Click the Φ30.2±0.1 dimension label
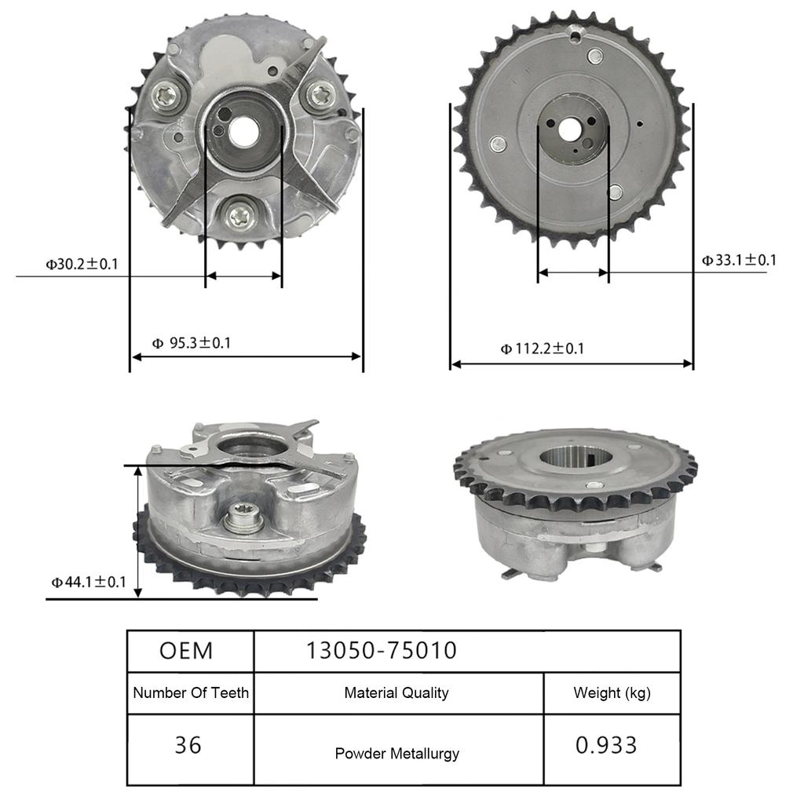point(82,264)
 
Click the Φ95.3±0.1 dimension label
point(191,343)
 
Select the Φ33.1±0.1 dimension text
point(738,260)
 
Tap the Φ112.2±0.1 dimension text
point(542,349)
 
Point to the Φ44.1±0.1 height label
point(88,582)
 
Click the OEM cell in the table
point(186,651)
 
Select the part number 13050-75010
point(381,651)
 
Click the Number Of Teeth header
point(191,693)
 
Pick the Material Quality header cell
point(397,693)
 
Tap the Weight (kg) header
point(612,693)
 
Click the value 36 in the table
point(188,744)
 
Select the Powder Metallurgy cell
point(397,754)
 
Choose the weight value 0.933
point(606,744)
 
